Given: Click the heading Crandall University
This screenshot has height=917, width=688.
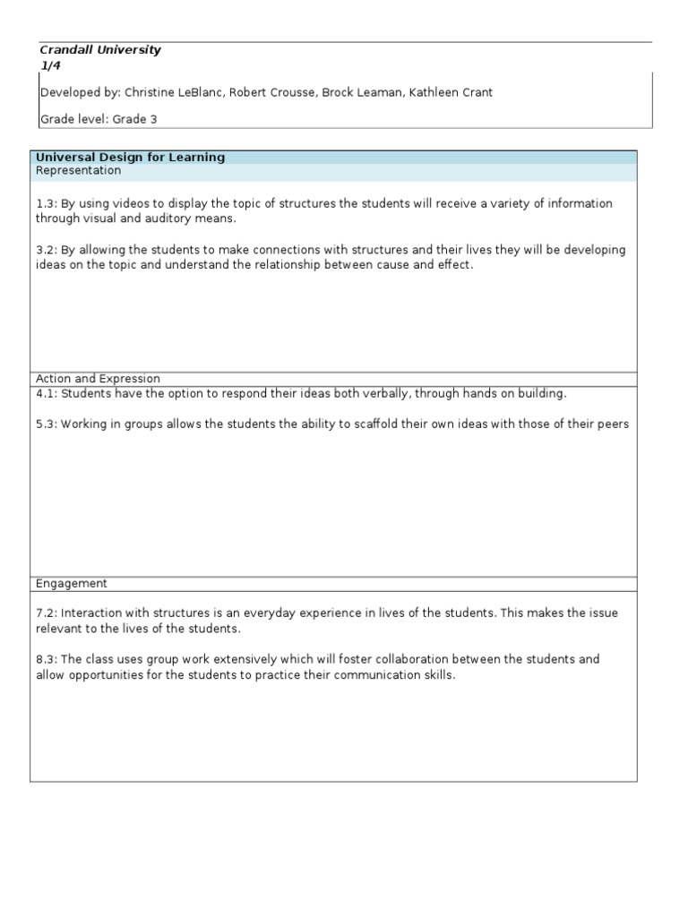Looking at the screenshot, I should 100,50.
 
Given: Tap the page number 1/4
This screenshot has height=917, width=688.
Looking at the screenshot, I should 50,65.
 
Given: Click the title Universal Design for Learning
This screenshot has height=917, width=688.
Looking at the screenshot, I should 131,158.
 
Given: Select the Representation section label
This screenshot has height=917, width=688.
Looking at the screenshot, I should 78,170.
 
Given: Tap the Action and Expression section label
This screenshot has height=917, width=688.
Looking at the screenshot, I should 99,379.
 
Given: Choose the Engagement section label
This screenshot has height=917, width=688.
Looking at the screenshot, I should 72,583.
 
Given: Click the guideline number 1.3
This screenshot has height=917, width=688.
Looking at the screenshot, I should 45,203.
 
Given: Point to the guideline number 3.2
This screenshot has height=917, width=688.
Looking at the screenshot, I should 45,250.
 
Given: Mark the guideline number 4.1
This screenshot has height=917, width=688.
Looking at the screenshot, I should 45,393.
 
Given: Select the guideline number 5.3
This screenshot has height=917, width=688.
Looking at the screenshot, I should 45,424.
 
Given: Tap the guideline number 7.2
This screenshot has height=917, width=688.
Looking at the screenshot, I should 45,613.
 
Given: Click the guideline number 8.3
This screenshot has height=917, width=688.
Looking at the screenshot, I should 45,659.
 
